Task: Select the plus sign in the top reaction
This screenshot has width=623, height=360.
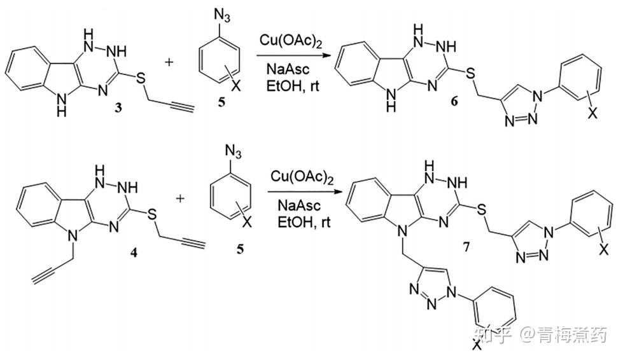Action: [x=169, y=62]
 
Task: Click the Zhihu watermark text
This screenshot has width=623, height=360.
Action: [x=542, y=335]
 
